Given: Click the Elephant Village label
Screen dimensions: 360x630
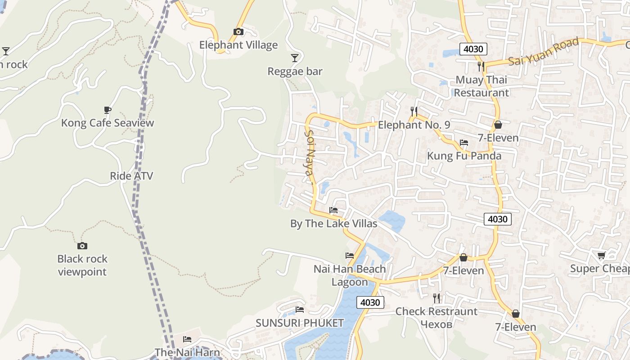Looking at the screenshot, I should pos(238,45).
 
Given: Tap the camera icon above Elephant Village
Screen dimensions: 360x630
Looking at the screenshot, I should pos(238,31).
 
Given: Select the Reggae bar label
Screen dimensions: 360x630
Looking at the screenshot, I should pos(295,72).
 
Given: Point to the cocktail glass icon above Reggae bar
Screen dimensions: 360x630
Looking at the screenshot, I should pos(295,58).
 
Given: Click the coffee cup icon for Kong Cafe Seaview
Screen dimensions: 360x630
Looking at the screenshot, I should pos(108,110).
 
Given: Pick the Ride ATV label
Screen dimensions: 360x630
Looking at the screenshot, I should pos(131,176).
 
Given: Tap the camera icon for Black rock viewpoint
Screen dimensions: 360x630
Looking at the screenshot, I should pos(82,246).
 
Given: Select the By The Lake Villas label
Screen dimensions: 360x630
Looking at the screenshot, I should pos(333,224).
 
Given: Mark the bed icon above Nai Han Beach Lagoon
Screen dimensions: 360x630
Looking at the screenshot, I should pos(350,256).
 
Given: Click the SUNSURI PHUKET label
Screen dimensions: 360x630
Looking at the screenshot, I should pos(300,323).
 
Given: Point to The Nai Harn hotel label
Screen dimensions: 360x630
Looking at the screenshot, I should pos(187,352).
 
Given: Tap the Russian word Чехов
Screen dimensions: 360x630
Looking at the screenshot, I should pos(436,324).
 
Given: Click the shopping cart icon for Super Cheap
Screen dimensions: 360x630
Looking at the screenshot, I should pos(601,256).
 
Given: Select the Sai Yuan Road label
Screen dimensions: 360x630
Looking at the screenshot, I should pos(544,52).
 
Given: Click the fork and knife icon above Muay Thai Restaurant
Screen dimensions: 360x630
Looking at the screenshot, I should pos(481,67).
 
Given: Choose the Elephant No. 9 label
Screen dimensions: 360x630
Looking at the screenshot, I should pos(414,125).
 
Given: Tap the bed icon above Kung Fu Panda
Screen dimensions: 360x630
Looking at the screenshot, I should pos(464,143).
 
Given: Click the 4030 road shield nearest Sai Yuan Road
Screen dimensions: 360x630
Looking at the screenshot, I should pos(473,49).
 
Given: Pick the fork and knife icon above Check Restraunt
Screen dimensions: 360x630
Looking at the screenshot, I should pos(436,298).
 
